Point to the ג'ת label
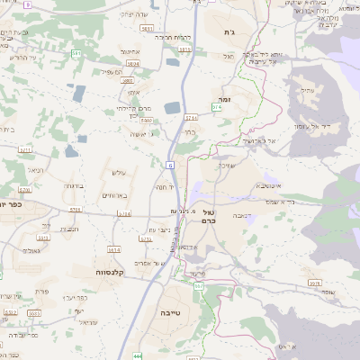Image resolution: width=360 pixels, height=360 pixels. (x=226, y=31)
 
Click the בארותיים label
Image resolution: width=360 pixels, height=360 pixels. (x=116, y=194)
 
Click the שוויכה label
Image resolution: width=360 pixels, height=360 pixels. (x=224, y=166)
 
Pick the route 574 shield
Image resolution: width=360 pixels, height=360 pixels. (x=216, y=107)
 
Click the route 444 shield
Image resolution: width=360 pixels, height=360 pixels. (x=139, y=355)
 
